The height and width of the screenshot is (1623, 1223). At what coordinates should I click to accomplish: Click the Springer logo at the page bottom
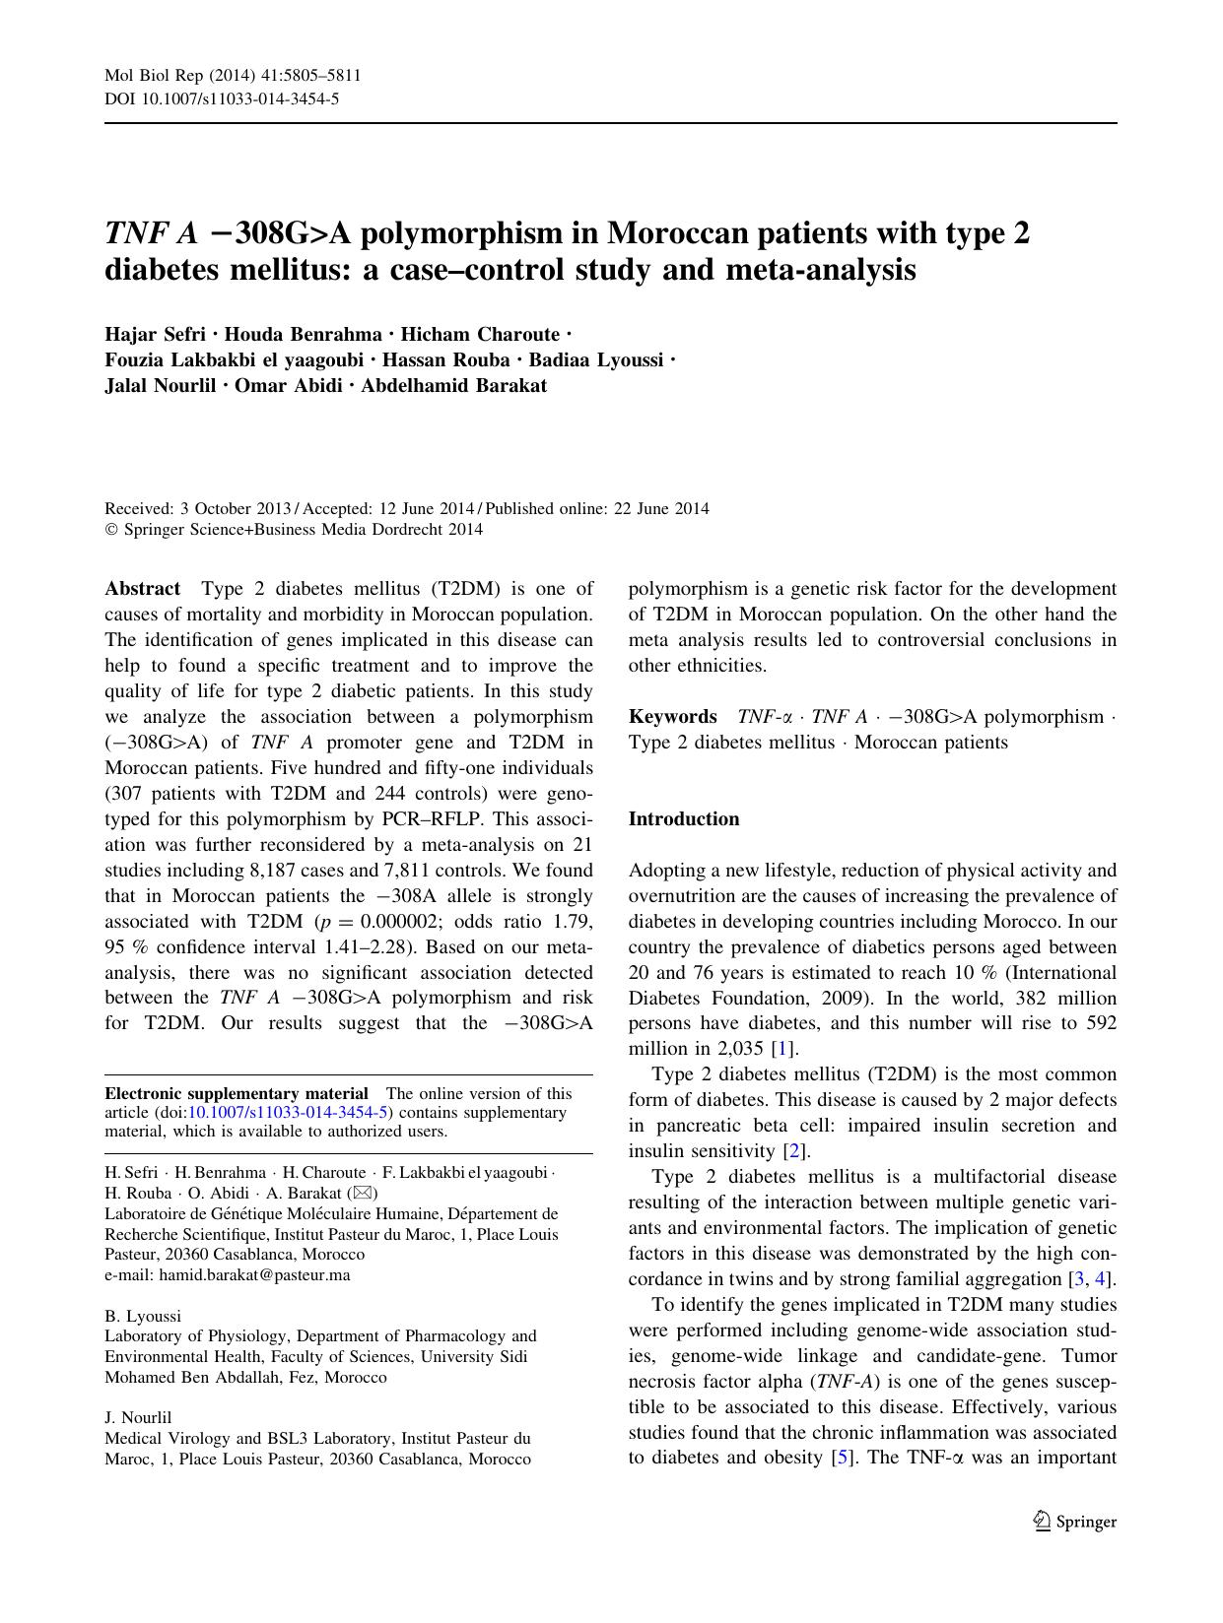(1075, 1522)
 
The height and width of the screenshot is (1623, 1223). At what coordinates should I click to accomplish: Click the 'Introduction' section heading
(683, 819)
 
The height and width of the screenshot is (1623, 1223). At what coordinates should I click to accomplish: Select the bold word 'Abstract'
(142, 589)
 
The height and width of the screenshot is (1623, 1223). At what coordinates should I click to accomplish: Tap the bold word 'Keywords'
(672, 717)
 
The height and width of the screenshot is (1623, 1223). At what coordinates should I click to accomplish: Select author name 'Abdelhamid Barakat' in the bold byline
(453, 386)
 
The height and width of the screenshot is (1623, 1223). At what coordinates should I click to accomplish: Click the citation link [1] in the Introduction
(785, 1049)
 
